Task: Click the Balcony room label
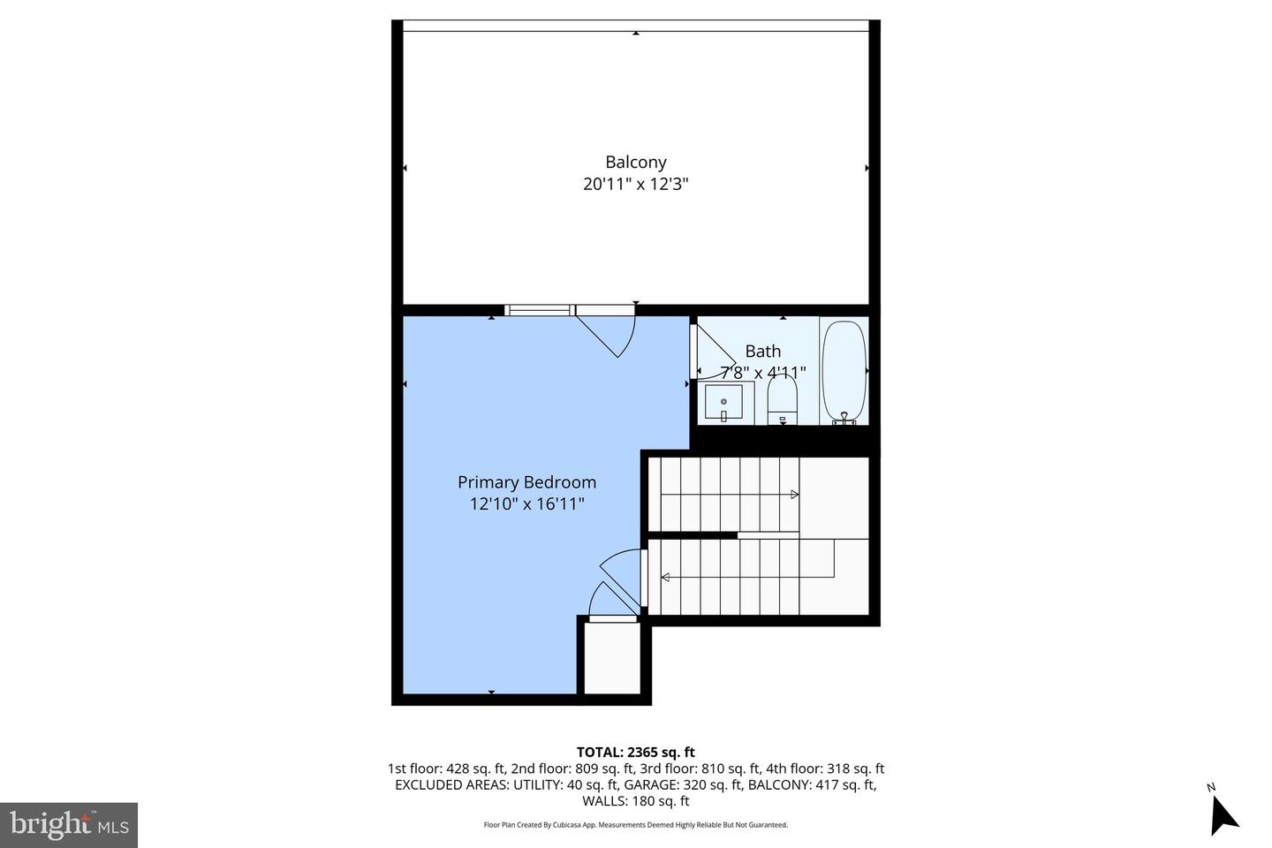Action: coord(635,163)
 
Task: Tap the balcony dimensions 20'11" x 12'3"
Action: coord(635,185)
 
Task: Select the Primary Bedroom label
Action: coord(526,482)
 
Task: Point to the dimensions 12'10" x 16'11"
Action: coord(526,504)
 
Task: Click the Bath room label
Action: coord(762,352)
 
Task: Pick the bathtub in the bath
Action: coord(844,371)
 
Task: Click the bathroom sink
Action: coord(723,404)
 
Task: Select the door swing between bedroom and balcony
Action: coord(609,330)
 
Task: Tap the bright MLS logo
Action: coord(68,825)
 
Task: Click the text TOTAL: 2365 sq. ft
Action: coord(635,753)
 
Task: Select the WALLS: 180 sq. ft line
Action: coord(635,801)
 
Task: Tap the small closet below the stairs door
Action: coord(611,658)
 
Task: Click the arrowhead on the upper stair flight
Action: coord(795,495)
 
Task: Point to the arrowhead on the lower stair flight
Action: coord(665,578)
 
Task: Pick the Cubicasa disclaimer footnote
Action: coord(635,825)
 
